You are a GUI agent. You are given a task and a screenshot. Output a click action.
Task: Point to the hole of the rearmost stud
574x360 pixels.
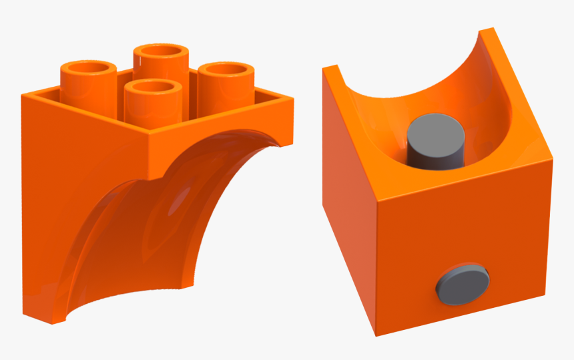tap(160, 51)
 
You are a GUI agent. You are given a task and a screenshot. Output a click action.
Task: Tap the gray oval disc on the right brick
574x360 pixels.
tap(462, 281)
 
